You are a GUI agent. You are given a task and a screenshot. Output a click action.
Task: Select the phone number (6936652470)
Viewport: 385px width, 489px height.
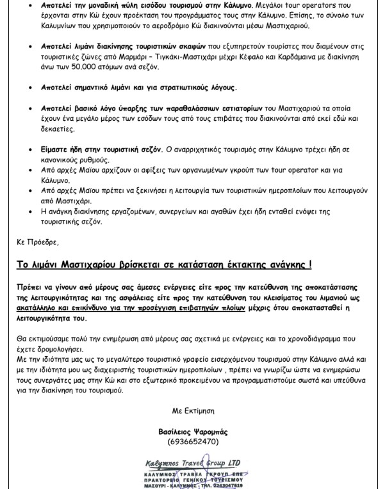(x=193, y=441)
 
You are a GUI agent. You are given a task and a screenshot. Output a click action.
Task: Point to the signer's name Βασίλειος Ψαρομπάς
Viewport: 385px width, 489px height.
(x=193, y=432)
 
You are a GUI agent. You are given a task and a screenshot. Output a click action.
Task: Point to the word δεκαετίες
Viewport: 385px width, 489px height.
(x=65, y=128)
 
